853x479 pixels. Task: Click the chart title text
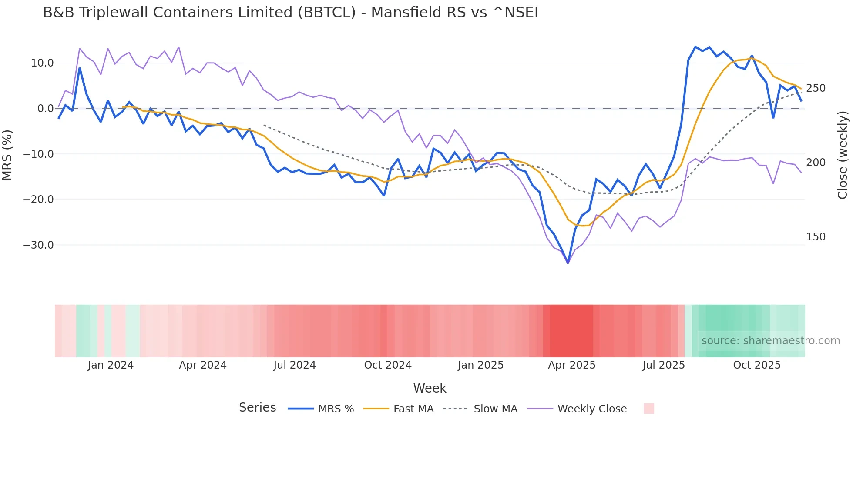coord(290,13)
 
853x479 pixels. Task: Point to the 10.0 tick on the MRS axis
coord(42,63)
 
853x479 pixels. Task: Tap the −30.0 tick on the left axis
coord(38,245)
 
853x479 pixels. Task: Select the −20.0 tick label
coord(38,200)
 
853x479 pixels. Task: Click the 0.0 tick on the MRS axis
coord(45,109)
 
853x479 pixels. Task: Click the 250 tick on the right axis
coord(816,88)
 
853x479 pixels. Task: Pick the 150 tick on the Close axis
coord(816,237)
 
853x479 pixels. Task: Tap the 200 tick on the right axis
coord(816,163)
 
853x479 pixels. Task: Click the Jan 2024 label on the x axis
coord(111,365)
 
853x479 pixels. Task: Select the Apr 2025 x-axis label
coord(571,365)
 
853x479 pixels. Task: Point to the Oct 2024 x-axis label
coord(388,365)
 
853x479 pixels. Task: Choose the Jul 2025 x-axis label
coord(663,365)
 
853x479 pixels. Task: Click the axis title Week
coord(430,388)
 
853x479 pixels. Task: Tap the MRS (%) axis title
coord(7,155)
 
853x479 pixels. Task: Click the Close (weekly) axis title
coord(843,155)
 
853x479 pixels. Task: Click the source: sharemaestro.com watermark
coord(770,341)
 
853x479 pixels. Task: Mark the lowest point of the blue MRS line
coord(568,263)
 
